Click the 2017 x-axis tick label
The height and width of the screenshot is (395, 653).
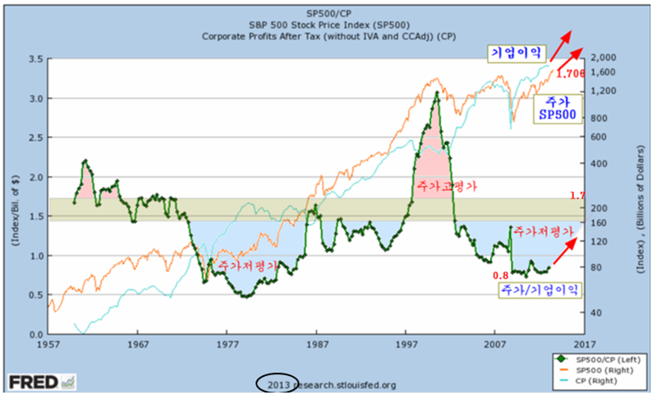(584, 343)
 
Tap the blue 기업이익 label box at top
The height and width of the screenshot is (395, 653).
(515, 53)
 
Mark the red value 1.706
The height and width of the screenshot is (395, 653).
(570, 73)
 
